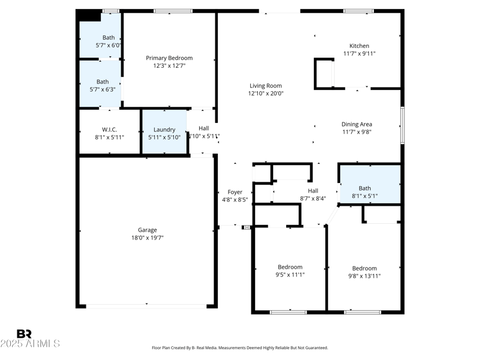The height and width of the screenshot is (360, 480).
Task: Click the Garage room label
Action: point(148,230)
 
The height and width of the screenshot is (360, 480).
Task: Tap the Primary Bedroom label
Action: point(169,58)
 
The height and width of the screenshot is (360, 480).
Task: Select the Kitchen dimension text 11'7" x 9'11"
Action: point(359,53)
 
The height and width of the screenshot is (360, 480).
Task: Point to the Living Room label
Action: point(265,86)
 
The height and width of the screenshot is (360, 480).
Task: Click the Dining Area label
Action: point(357,124)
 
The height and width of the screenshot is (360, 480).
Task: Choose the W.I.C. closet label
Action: point(109,130)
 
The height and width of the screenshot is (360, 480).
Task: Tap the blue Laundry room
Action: point(164,133)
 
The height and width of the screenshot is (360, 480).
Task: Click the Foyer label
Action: point(235,192)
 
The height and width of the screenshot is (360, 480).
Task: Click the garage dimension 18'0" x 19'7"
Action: point(148,238)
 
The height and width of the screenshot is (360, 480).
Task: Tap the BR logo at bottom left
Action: point(24,334)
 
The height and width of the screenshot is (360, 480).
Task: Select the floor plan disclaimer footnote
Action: point(240,347)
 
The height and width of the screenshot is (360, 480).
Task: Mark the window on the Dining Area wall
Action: point(403,125)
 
